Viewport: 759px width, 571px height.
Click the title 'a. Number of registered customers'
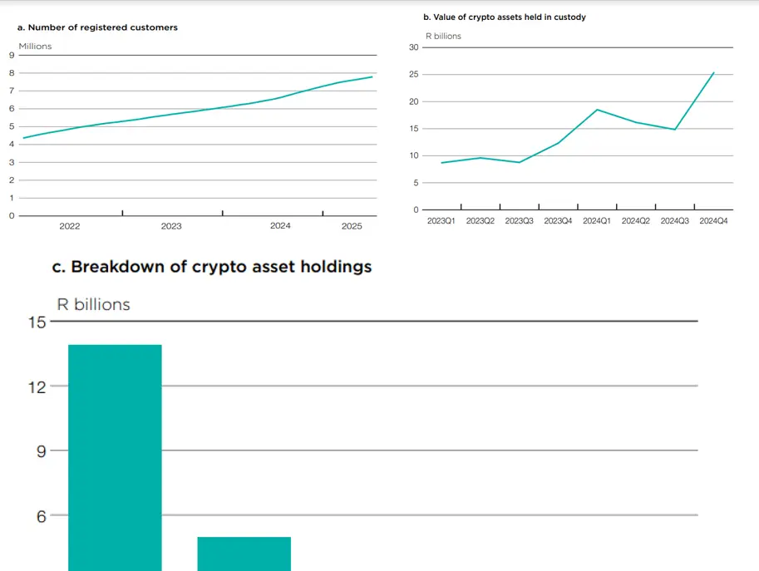[x=97, y=27]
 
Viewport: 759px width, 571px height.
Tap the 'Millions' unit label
[x=35, y=47]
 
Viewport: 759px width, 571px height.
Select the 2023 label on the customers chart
[x=171, y=226]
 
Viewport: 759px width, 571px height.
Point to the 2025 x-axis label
[x=352, y=226]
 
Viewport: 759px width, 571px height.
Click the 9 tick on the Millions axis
[x=11, y=55]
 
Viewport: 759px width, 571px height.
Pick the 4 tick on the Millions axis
[x=11, y=145]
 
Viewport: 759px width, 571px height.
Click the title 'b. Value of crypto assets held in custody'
[x=505, y=17]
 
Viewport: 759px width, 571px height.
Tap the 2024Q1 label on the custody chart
[x=597, y=221]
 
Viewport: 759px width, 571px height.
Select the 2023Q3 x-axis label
[x=519, y=221]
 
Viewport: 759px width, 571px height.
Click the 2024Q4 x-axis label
[x=714, y=221]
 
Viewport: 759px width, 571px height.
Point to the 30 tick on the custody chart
[x=413, y=47]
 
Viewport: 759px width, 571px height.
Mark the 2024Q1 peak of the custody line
[x=597, y=110]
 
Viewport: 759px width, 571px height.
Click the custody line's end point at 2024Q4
[x=713, y=72]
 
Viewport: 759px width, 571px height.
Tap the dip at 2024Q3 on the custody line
[x=674, y=129]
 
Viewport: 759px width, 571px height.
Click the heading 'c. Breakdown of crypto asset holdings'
[x=212, y=267]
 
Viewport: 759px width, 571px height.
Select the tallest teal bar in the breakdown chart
[x=115, y=457]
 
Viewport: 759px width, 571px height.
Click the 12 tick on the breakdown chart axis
[x=37, y=386]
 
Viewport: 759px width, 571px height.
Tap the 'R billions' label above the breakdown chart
[x=93, y=304]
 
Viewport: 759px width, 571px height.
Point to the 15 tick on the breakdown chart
[x=37, y=322]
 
